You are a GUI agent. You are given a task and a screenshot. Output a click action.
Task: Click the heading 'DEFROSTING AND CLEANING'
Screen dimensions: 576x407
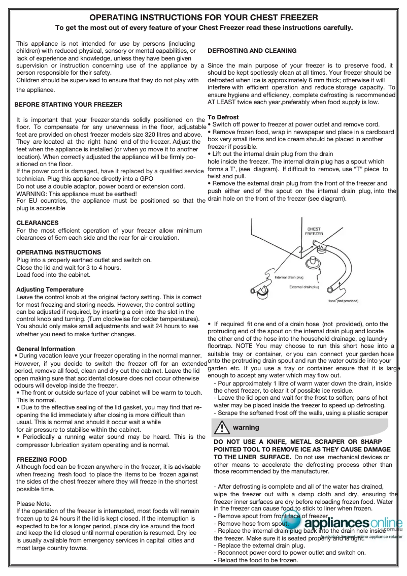[252, 51]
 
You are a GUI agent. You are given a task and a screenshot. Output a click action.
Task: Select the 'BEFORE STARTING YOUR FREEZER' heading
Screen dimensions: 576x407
[68, 105]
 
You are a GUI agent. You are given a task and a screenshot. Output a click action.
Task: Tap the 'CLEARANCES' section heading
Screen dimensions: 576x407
[38, 223]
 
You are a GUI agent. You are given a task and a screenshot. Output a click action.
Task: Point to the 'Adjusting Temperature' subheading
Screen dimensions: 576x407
[50, 290]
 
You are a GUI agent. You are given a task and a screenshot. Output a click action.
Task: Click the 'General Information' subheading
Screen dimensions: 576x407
[46, 349]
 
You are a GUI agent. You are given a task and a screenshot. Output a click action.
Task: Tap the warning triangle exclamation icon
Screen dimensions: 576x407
[221, 428]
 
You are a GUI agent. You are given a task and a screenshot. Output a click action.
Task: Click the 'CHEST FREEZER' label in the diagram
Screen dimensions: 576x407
[314, 231]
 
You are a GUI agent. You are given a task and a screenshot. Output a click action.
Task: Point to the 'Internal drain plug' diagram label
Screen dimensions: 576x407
[289, 277]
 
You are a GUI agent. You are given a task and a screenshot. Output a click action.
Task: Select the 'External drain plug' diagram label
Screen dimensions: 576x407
[304, 287]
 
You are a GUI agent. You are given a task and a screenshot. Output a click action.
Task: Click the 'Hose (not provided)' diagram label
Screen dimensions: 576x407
[343, 301]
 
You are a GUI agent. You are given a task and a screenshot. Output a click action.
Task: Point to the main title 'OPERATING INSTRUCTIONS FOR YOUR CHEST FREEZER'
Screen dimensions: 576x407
[203, 18]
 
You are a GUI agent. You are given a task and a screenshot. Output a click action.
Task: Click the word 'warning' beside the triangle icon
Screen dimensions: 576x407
[246, 428]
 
